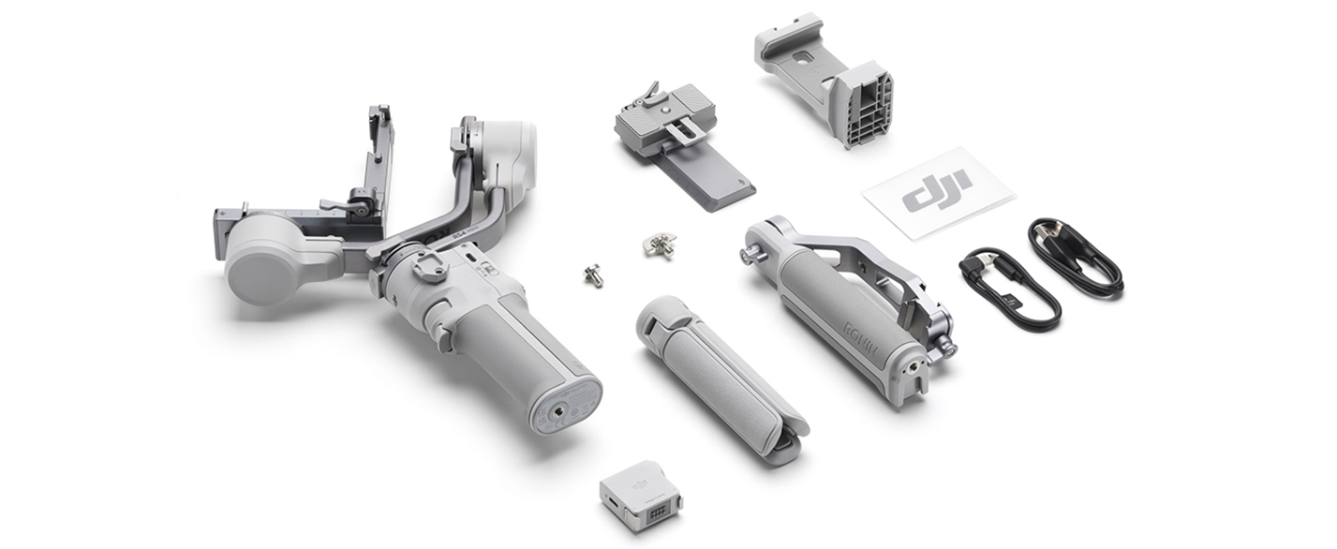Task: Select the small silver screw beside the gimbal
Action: point(592,274)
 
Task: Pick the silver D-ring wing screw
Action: point(659,244)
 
